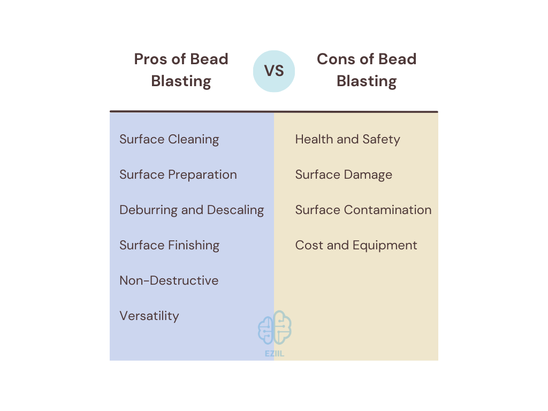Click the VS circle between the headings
coord(274,71)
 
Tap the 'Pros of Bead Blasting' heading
coord(181,70)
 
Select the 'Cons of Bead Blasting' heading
coord(367,70)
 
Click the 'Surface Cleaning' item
coord(169,139)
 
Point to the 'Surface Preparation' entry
coord(178,174)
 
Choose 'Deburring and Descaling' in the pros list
coord(192,210)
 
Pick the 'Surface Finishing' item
coord(169,245)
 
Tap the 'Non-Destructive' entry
coord(169,280)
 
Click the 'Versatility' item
coord(149,316)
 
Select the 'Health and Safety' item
coord(347,139)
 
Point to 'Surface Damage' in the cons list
coord(344,174)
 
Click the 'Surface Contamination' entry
coord(363,210)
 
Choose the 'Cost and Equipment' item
coord(356,245)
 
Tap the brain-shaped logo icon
coord(275,328)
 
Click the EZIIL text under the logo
coord(275,354)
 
